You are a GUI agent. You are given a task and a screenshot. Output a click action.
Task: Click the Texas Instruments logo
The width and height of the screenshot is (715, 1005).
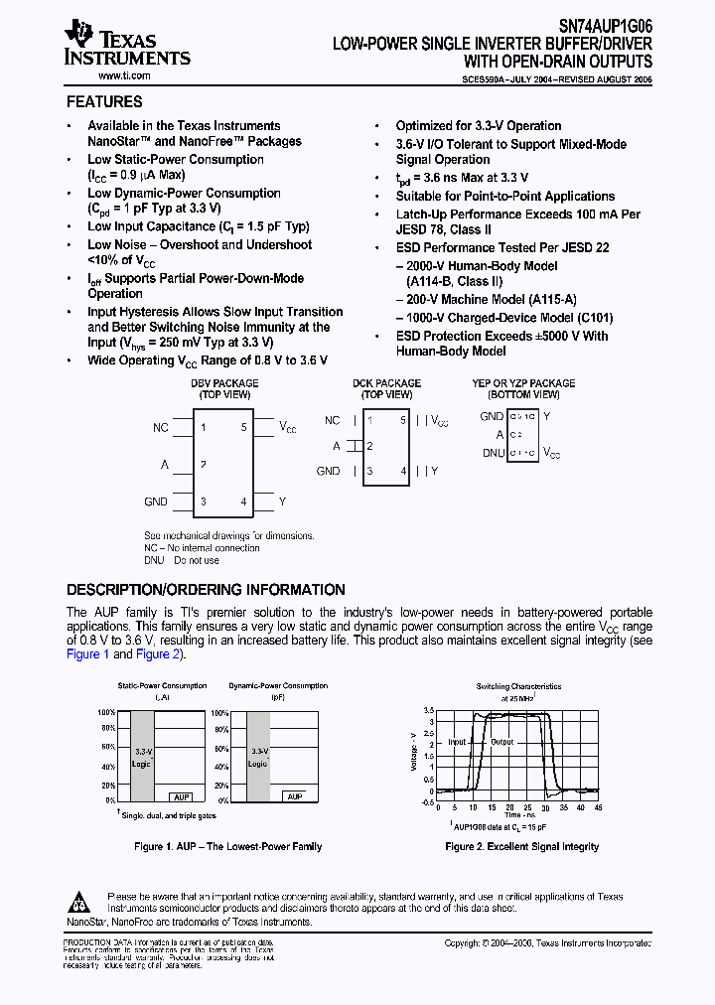(125, 46)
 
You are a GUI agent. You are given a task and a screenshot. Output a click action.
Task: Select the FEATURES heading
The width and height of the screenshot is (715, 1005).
(104, 101)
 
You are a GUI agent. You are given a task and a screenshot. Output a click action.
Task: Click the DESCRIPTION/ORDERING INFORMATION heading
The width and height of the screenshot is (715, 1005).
(206, 589)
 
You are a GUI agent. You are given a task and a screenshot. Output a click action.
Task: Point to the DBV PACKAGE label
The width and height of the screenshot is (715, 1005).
(224, 383)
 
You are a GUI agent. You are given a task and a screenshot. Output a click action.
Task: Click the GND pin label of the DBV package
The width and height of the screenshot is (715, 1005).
(156, 502)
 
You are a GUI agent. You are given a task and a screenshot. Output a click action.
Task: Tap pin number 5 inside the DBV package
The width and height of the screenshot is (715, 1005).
(243, 428)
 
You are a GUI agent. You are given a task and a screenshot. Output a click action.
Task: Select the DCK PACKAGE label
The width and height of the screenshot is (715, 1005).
(386, 383)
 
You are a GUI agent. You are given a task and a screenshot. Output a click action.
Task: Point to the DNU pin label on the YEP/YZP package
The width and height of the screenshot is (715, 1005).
(493, 452)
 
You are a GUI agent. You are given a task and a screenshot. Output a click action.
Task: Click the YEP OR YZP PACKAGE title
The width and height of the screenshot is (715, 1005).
(523, 383)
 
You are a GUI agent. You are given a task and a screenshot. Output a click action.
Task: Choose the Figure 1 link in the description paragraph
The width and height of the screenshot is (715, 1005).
(87, 654)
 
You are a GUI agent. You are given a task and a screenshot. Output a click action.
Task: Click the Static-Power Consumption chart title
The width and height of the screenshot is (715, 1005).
(163, 686)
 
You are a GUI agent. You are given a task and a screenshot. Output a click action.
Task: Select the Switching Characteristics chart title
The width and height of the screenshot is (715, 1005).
(518, 686)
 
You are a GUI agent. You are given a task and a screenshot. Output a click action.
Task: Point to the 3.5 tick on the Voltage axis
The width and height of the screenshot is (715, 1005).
(428, 712)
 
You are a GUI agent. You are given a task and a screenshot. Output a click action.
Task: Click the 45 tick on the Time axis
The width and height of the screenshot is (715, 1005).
(599, 808)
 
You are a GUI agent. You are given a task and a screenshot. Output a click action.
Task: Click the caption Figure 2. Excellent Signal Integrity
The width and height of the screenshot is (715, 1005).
(522, 847)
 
